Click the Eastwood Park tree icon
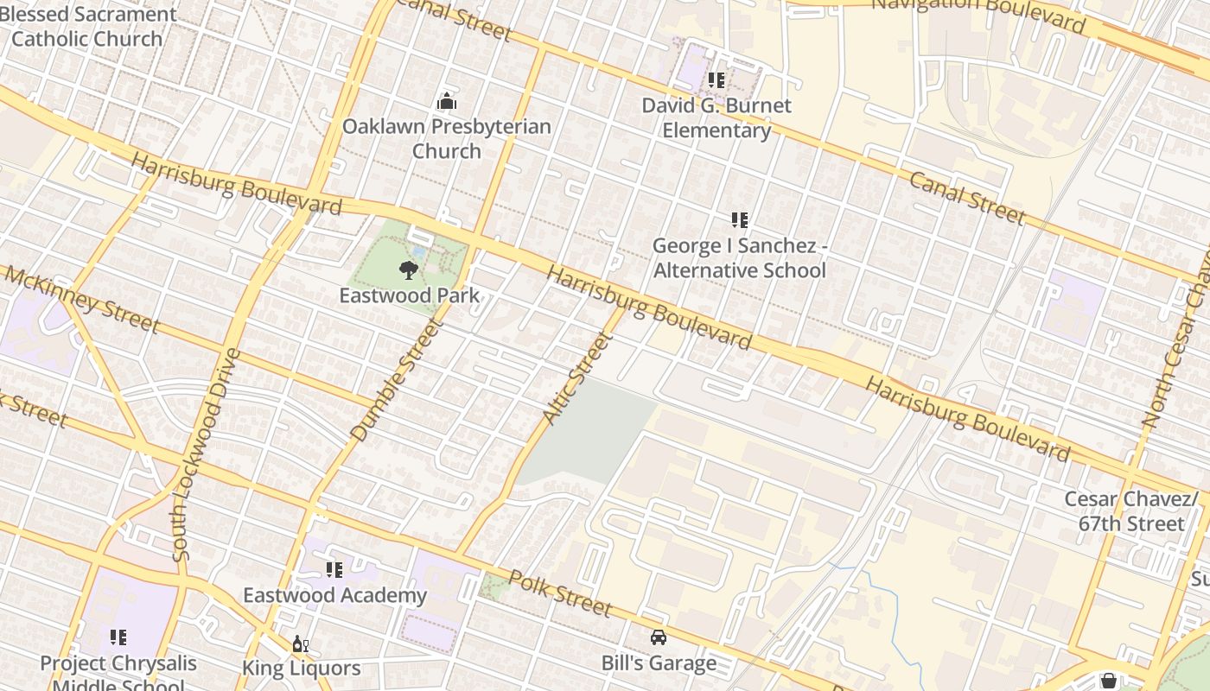[407, 270]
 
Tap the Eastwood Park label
[409, 295]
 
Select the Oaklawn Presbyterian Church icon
[446, 102]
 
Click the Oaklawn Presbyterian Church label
[446, 138]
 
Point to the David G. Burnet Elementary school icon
[716, 80]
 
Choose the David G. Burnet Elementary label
[716, 118]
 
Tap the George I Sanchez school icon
[739, 220]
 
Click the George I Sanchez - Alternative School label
[740, 258]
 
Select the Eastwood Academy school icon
[334, 570]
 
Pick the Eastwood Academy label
[334, 595]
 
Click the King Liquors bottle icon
[301, 644]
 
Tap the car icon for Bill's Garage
[659, 637]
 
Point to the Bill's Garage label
[659, 663]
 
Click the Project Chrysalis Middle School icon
[118, 637]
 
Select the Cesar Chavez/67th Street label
[1131, 511]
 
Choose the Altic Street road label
[576, 377]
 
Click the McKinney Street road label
[82, 299]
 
